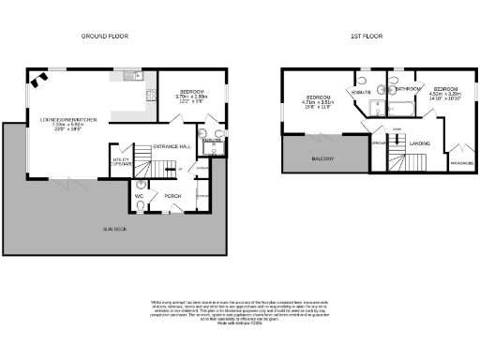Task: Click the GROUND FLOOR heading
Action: pyautogui.click(x=104, y=37)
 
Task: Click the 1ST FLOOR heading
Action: pyautogui.click(x=364, y=37)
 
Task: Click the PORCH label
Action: pyautogui.click(x=172, y=196)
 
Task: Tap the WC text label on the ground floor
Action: pyautogui.click(x=139, y=196)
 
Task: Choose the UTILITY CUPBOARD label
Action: pyautogui.click(x=121, y=161)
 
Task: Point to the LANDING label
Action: pyautogui.click(x=420, y=142)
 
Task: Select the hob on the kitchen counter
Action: pyautogui.click(x=150, y=93)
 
